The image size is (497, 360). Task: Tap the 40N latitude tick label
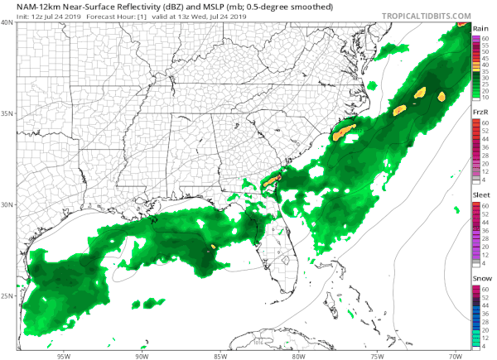coord(7,22)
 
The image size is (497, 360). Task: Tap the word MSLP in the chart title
coord(185,7)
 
